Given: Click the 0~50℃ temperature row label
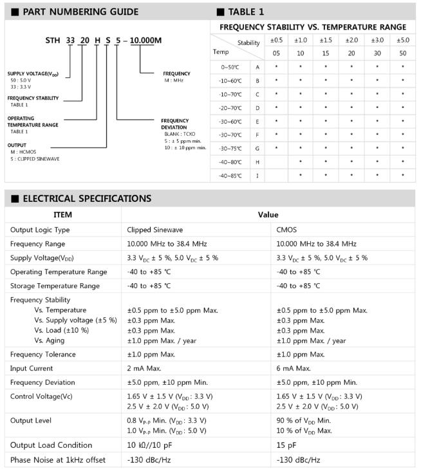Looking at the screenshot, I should pos(230,67).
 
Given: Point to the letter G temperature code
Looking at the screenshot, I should pos(257,148).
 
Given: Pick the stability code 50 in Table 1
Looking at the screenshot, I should pos(402,53).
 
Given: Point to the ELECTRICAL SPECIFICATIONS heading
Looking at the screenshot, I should pos(87,198).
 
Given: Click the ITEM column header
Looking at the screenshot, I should pos(62,214).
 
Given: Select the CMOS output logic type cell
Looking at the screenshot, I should pos(286,230).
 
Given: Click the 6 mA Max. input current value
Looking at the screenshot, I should pos(294,368).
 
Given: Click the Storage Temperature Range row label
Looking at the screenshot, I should pos(55,286).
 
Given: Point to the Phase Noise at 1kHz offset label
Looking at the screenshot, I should pos(57,459).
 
